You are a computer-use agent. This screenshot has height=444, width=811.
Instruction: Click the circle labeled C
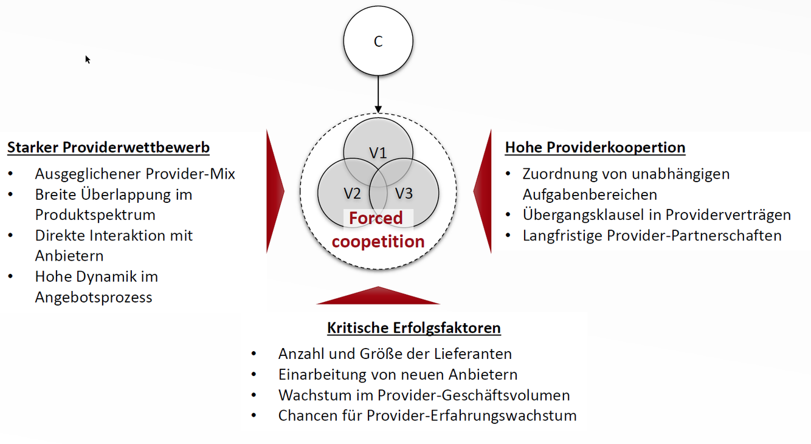[378, 41]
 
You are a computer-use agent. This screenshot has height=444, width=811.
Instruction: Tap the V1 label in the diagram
[378, 153]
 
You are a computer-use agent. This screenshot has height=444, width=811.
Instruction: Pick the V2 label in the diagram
[352, 193]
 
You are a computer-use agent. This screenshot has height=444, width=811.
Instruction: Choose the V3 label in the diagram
[404, 193]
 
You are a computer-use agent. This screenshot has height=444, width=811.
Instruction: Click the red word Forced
[376, 218]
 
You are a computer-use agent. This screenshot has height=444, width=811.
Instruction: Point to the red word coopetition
[378, 241]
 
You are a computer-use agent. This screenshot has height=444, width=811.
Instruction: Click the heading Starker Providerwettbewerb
[108, 147]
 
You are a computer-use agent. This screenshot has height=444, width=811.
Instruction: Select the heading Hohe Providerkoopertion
[595, 147]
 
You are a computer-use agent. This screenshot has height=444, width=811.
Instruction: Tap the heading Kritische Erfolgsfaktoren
[414, 327]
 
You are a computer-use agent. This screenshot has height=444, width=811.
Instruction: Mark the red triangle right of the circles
[484, 191]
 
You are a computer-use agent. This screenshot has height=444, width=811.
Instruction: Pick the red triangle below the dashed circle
[378, 296]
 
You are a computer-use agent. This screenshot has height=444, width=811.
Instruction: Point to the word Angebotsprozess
[94, 297]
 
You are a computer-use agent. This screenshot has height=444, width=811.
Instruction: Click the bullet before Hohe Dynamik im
[11, 276]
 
